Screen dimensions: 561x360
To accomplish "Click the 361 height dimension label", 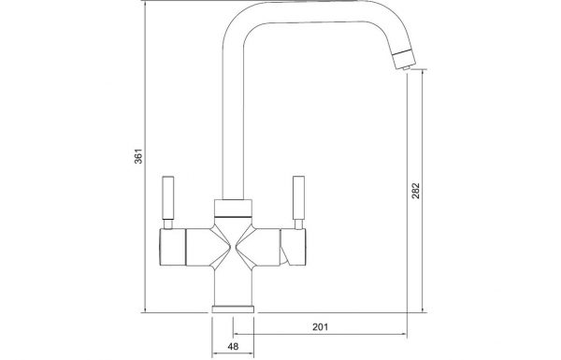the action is click(138, 156).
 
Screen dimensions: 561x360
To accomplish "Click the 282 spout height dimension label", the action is click(415, 191).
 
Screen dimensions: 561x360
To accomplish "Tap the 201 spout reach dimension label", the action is click(320, 326).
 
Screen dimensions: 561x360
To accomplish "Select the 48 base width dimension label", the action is click(233, 346).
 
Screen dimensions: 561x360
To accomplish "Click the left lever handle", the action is click(168, 198).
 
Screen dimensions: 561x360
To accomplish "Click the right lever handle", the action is click(298, 198).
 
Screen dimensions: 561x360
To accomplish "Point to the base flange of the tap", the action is click(233, 310).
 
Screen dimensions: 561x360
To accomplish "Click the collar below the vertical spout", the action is click(233, 208).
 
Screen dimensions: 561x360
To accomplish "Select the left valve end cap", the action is click(172, 247).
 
